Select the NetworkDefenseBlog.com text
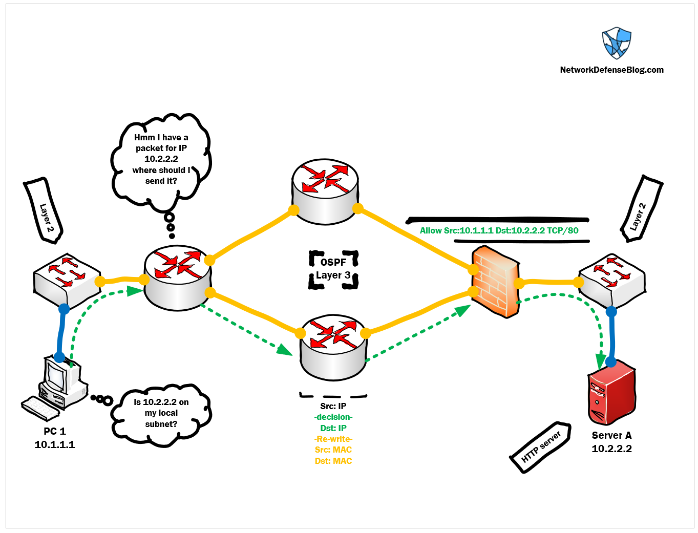[x=611, y=70]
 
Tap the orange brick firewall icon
[x=496, y=282]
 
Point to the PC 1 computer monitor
[x=57, y=375]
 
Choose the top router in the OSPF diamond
[x=325, y=191]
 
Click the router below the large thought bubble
[x=177, y=278]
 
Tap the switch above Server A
[x=612, y=281]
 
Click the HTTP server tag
[x=541, y=447]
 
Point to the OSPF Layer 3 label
[x=333, y=269]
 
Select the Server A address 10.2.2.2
[x=611, y=449]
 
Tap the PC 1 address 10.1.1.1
[x=55, y=444]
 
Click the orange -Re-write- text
[x=333, y=439]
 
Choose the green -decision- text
[x=333, y=417]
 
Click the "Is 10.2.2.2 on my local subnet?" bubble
[x=161, y=414]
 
